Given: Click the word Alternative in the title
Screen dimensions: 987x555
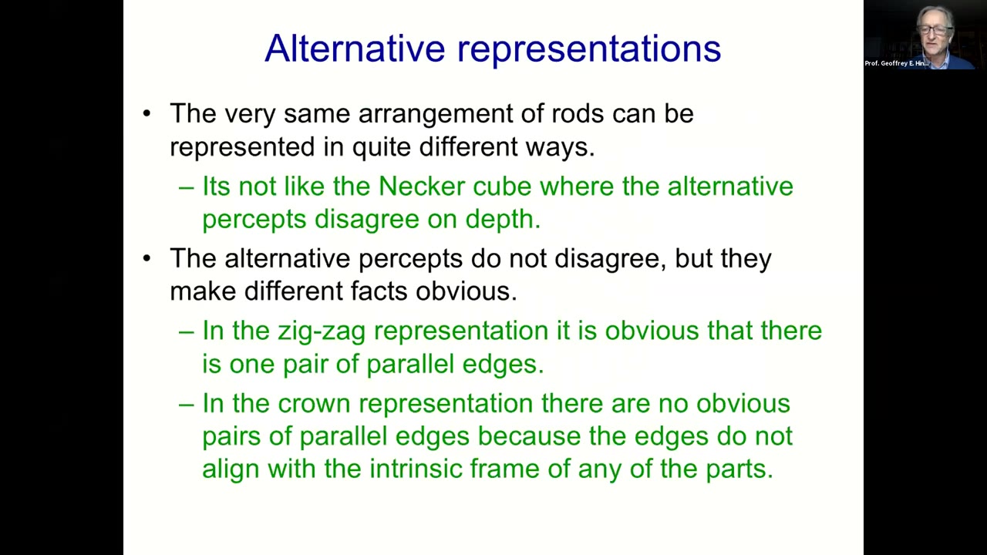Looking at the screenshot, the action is point(355,48).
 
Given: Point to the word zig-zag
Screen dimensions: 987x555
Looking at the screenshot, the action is point(322,331).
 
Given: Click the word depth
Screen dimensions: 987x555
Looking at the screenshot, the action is point(504,220).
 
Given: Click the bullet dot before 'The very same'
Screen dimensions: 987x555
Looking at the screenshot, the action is point(147,113).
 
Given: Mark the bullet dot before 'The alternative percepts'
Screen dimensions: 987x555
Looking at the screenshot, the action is point(147,258).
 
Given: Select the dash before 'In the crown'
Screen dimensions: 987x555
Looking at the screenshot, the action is point(187,405).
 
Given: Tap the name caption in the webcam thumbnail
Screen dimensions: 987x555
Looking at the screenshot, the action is point(897,63).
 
